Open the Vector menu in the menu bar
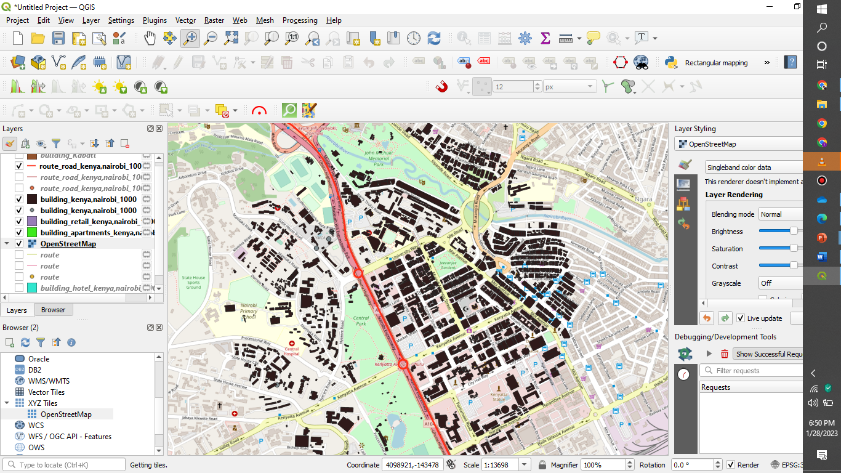point(185,20)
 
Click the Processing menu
point(300,20)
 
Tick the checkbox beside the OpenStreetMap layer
point(19,243)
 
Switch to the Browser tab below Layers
point(53,310)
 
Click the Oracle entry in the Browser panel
point(39,358)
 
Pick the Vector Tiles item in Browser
point(46,392)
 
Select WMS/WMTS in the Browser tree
point(46,381)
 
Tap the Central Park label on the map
point(361,320)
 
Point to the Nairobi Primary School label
point(249,311)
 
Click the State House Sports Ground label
point(193,282)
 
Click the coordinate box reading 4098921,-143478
point(412,465)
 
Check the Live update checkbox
point(741,318)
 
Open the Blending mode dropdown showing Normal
point(779,214)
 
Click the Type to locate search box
point(64,465)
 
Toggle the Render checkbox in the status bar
point(731,465)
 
